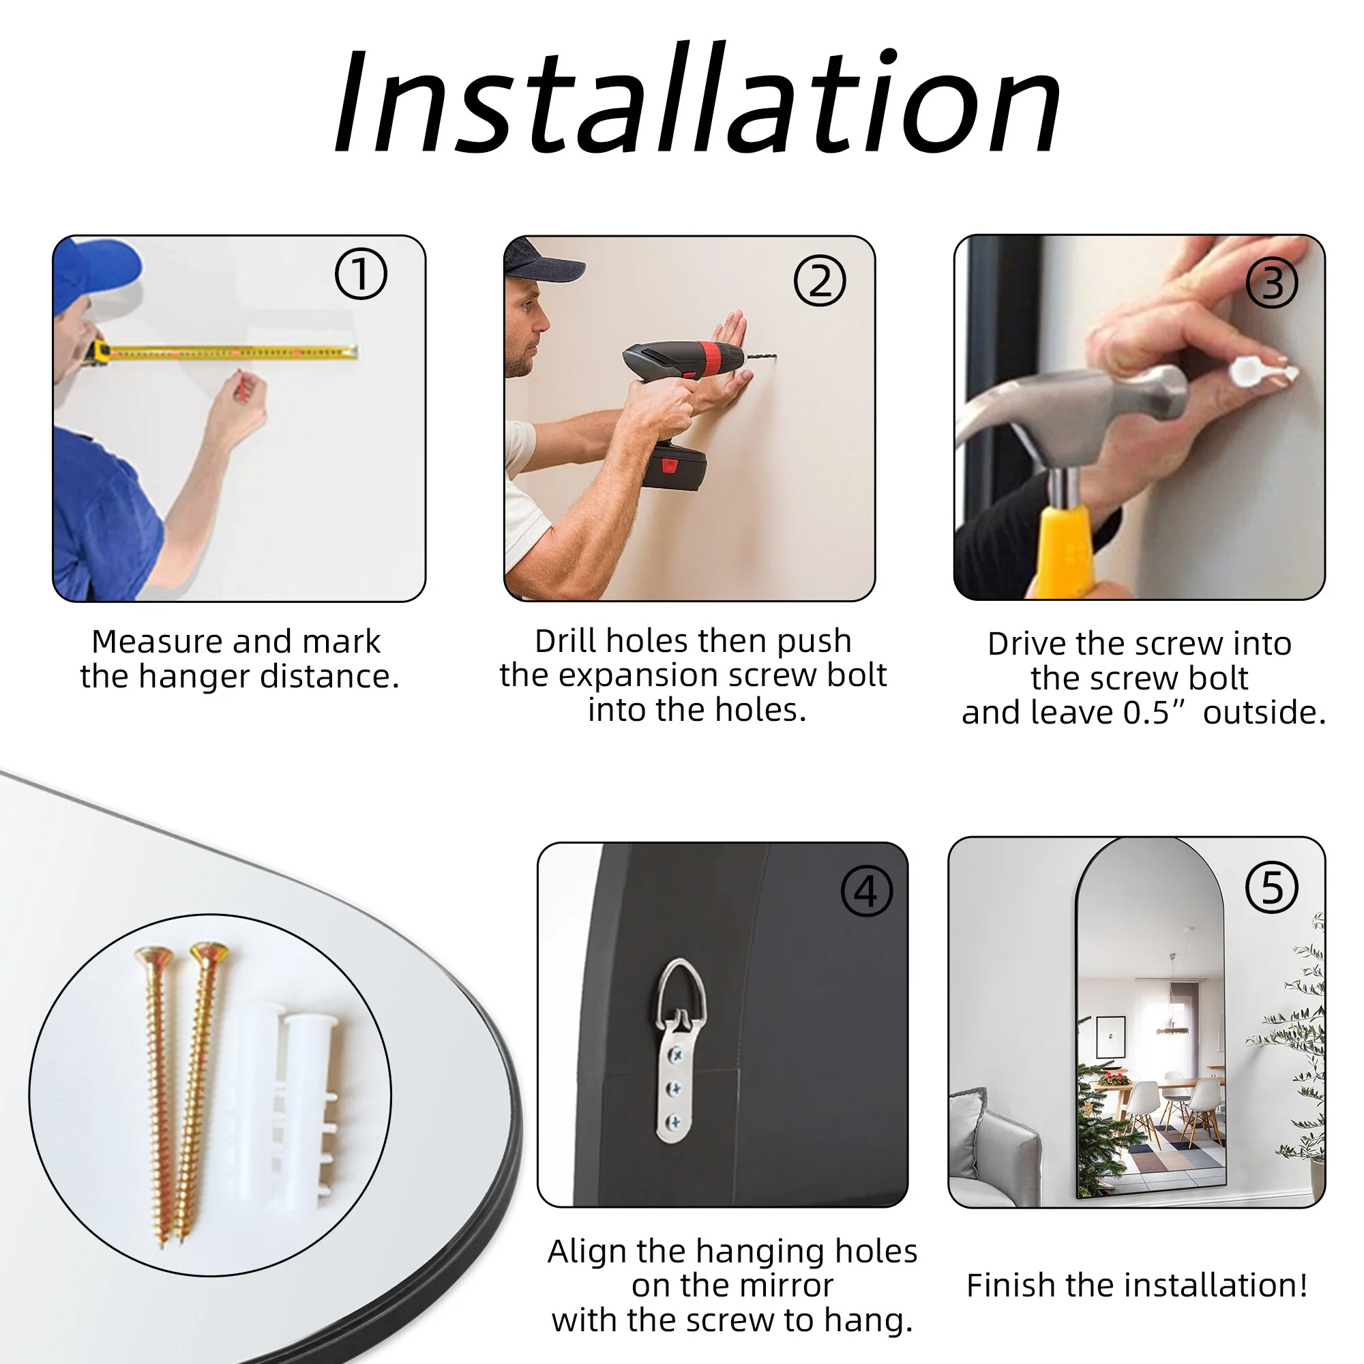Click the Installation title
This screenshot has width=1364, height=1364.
click(698, 99)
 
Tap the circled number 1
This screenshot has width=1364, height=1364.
click(361, 274)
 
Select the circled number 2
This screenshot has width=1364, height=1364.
click(820, 281)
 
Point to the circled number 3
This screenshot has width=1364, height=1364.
click(1272, 283)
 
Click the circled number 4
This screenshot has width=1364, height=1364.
click(867, 891)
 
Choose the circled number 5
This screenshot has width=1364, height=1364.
click(1272, 887)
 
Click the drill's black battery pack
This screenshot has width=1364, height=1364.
click(675, 466)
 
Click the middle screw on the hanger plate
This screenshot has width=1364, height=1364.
click(676, 1088)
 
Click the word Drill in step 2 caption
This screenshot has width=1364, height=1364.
click(566, 641)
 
